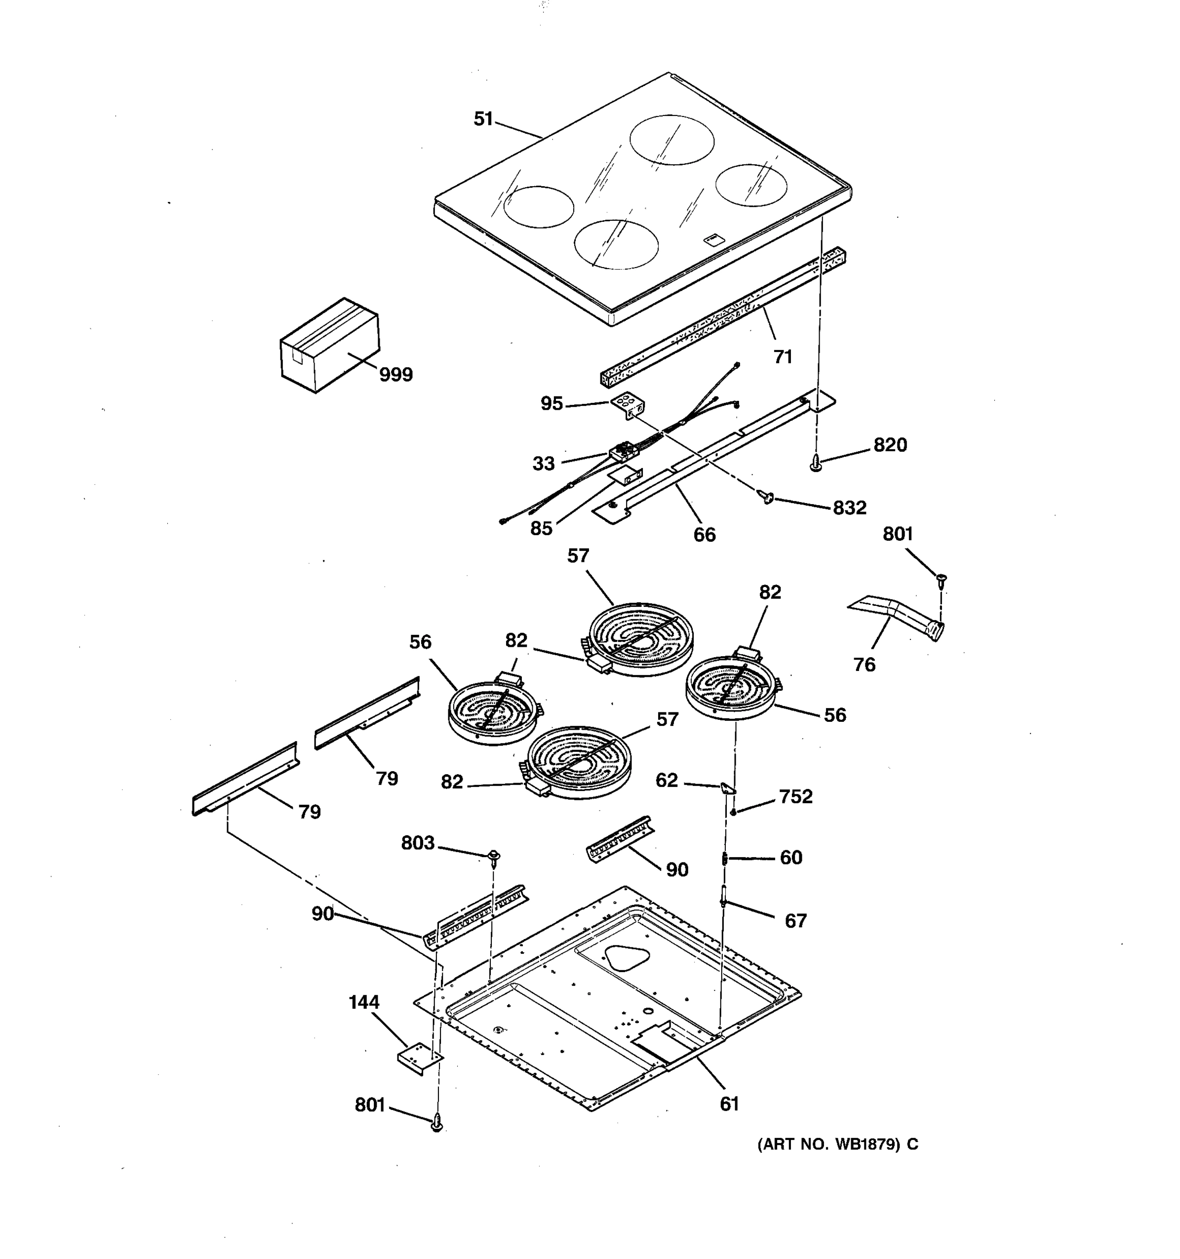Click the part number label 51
483,119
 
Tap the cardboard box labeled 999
330,345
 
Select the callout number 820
889,445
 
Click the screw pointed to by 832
768,498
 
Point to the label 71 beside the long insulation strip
782,357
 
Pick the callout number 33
543,464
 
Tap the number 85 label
541,528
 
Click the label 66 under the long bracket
704,535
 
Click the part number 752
795,797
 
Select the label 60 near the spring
791,858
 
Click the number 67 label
795,921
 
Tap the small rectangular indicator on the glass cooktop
712,239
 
